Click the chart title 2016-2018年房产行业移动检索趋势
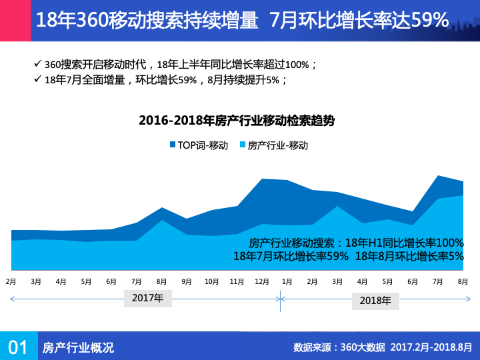pyautogui.click(x=236, y=121)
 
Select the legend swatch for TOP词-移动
pyautogui.click(x=173, y=145)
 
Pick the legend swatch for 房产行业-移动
pyautogui.click(x=243, y=145)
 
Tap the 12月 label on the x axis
pyautogui.click(x=262, y=281)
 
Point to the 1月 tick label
pyautogui.click(x=287, y=281)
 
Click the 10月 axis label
pyautogui.click(x=212, y=281)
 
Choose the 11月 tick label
pyautogui.click(x=237, y=281)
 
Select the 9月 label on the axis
pyautogui.click(x=187, y=281)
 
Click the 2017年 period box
pyautogui.click(x=148, y=298)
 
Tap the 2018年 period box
pyautogui.click(x=375, y=300)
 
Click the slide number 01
pyautogui.click(x=18, y=347)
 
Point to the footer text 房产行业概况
pyautogui.click(x=78, y=347)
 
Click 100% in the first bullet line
pyautogui.click(x=297, y=65)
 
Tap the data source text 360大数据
pyautogui.click(x=363, y=347)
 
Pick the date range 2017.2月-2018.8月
pyautogui.click(x=431, y=347)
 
